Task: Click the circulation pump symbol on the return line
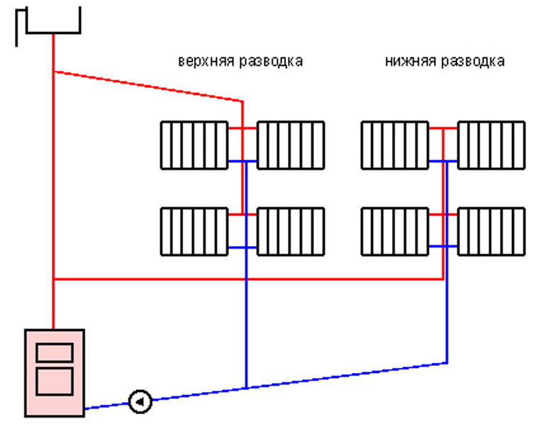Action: click(x=140, y=402)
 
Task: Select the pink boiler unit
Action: click(x=55, y=372)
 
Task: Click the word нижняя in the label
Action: click(x=409, y=61)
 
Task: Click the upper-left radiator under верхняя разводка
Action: click(x=194, y=145)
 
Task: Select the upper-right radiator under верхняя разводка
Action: click(x=290, y=145)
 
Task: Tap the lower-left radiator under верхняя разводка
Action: click(x=194, y=231)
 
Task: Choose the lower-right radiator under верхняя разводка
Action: click(x=290, y=231)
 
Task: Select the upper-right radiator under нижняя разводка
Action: click(x=491, y=145)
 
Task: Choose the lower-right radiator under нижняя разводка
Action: click(x=491, y=231)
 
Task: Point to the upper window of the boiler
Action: click(x=55, y=352)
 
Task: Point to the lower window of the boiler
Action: click(x=55, y=381)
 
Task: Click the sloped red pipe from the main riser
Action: click(x=149, y=86)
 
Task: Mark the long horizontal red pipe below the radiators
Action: click(x=248, y=279)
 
